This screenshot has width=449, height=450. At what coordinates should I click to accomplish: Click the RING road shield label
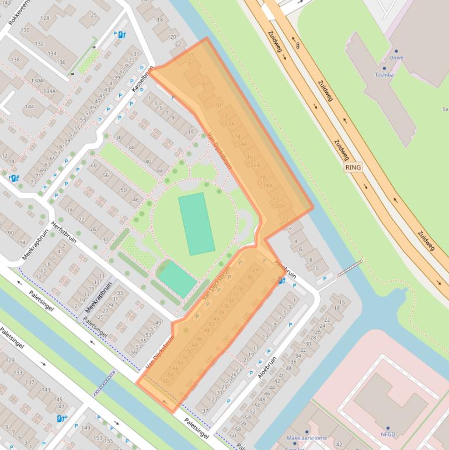(353, 167)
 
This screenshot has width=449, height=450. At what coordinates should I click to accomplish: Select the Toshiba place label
(384, 75)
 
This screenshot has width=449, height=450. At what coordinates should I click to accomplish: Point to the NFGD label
(388, 435)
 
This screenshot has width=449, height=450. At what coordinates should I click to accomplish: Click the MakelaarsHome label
(307, 438)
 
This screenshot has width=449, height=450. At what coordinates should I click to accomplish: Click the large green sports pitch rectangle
(197, 224)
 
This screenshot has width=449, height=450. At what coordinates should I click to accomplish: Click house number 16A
(255, 166)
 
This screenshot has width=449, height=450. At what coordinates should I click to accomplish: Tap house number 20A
(280, 206)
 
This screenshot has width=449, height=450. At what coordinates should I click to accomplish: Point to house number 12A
(230, 124)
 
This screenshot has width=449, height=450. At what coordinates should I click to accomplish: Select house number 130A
(37, 81)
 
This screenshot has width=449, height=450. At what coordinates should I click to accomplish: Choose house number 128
(45, 18)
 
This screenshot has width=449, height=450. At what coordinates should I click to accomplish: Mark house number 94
(23, 243)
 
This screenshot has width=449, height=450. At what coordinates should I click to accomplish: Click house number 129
(9, 361)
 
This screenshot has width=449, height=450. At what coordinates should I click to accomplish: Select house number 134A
(49, 91)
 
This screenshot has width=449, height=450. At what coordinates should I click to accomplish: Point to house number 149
(86, 428)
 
